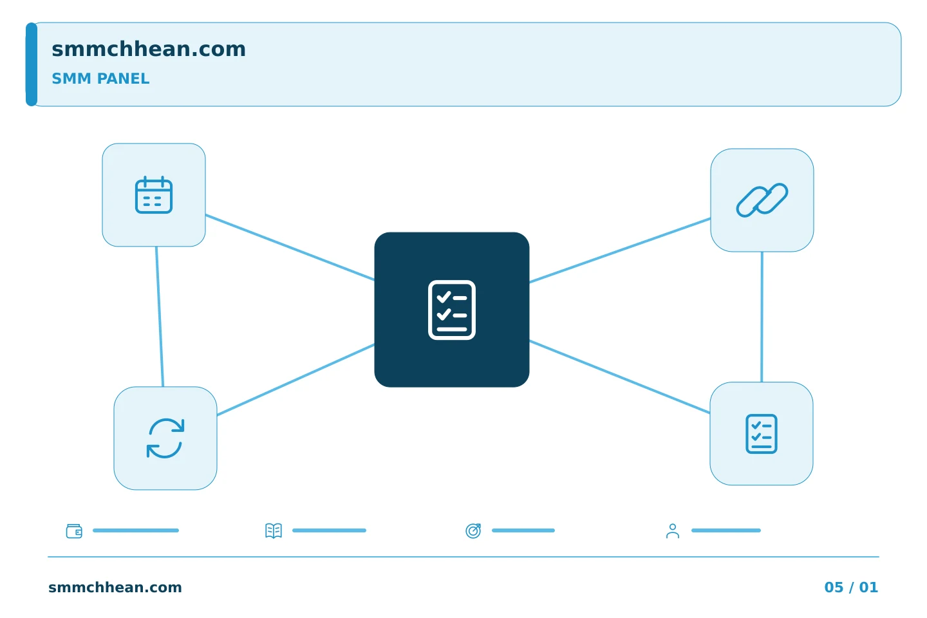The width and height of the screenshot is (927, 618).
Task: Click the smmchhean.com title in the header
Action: [149, 49]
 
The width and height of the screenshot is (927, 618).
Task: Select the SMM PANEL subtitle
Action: [100, 79]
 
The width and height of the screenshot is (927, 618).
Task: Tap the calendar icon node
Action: [154, 195]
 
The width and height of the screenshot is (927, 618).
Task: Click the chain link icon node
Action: [762, 200]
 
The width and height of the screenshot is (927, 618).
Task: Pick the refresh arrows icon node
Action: [165, 438]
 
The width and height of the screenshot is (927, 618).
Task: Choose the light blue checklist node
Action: [762, 434]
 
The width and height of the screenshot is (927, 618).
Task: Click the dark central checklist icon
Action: [452, 310]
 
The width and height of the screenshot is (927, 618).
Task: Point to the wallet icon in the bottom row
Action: [74, 530]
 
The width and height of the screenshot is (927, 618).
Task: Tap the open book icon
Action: [274, 530]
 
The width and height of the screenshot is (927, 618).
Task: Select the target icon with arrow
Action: [473, 530]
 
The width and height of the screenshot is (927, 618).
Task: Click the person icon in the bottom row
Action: [673, 531]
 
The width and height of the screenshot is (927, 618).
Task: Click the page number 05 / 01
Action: [851, 587]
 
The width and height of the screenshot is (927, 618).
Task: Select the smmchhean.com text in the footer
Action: [115, 587]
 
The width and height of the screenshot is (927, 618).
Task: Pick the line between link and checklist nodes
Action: [762, 317]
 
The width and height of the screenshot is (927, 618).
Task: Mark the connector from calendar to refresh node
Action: [160, 317]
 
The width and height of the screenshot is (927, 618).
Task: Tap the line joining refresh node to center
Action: [296, 380]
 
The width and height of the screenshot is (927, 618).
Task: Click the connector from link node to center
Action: [620, 250]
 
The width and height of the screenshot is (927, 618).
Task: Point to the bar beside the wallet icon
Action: [136, 530]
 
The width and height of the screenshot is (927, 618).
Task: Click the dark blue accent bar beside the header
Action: [32, 64]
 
